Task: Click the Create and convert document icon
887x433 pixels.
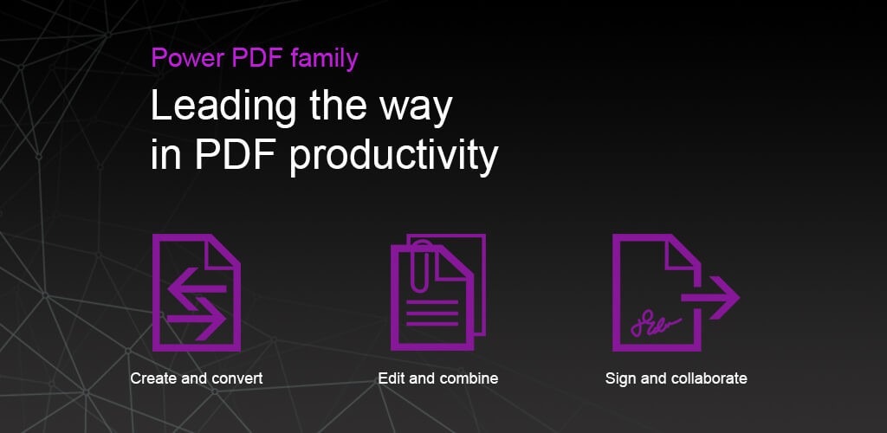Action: tap(197, 292)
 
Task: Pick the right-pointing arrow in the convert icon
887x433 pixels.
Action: tap(197, 320)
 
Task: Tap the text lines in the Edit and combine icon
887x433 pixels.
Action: tap(432, 313)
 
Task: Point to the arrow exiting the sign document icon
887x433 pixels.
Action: tap(710, 297)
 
